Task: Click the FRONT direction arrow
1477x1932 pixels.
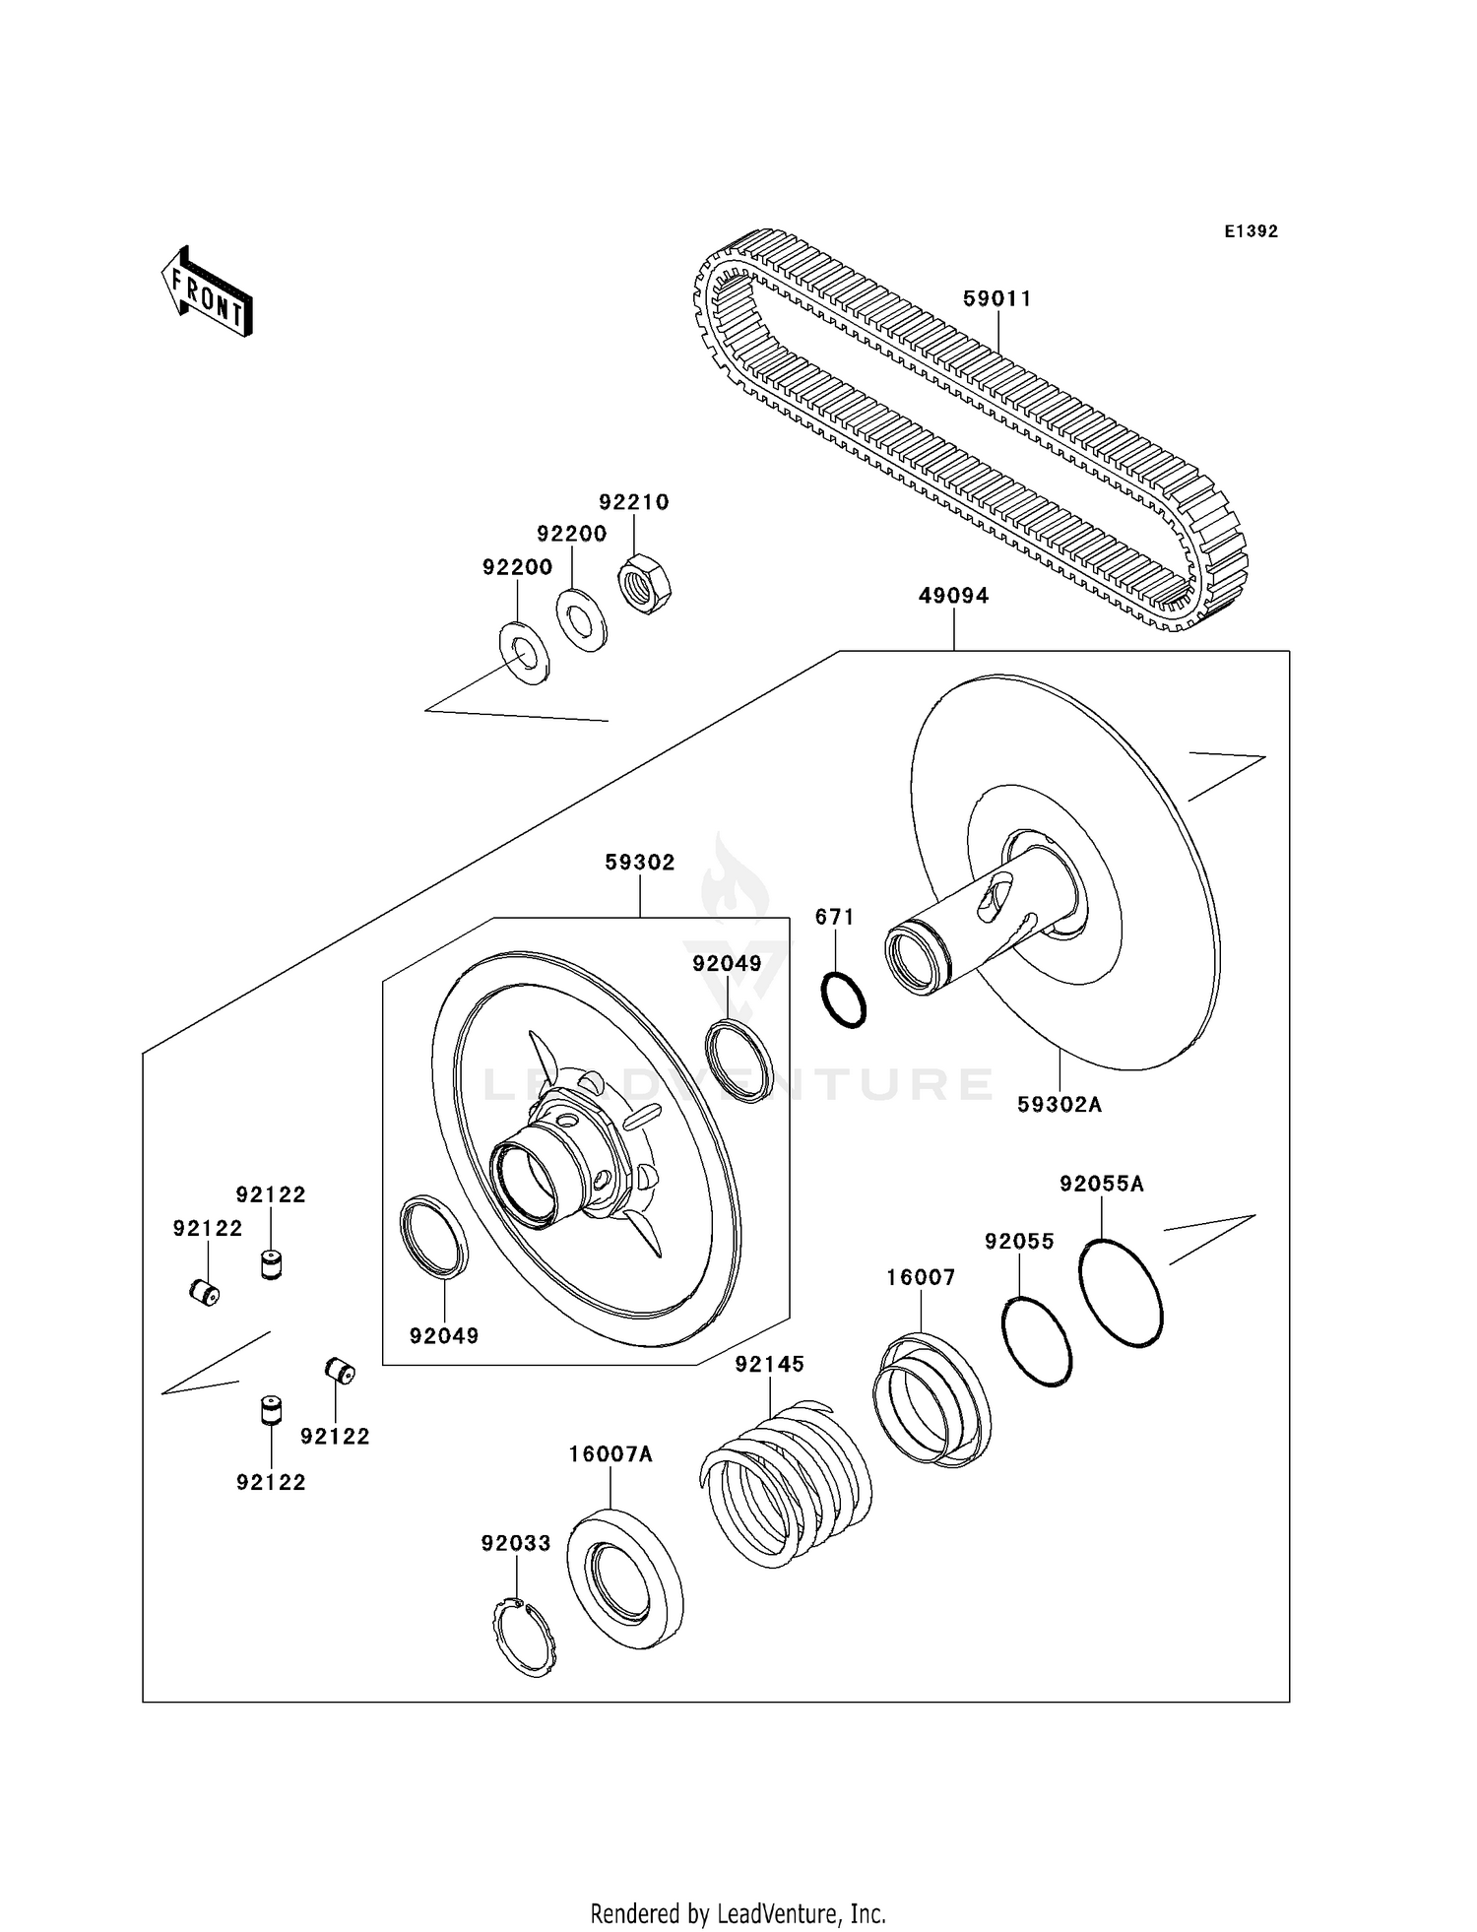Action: (208, 293)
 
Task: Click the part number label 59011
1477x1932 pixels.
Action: (996, 299)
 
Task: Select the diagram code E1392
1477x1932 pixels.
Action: (1251, 231)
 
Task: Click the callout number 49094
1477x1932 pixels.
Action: (953, 596)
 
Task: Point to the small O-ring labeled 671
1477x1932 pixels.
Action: (844, 999)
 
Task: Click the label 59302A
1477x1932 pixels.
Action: (1060, 1105)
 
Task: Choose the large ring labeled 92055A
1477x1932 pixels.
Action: (1121, 1292)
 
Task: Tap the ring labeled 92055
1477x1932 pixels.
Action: (1037, 1341)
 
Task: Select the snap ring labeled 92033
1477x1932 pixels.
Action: (524, 1638)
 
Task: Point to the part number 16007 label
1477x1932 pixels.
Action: (921, 1277)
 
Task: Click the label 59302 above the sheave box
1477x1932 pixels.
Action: (640, 863)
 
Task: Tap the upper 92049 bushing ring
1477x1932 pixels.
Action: (738, 1061)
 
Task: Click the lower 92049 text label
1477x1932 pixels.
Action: (444, 1336)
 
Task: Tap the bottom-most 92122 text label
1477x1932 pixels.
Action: (271, 1482)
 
